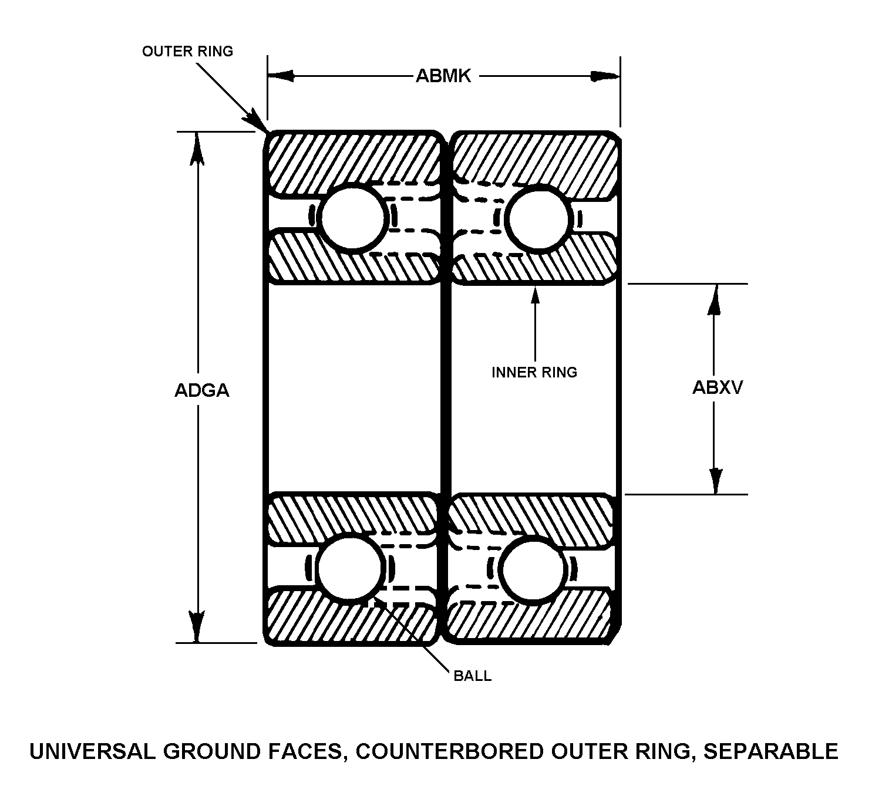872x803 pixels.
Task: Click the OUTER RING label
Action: tap(187, 52)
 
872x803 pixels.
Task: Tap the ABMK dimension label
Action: tap(443, 76)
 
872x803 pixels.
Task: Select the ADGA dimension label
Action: tap(201, 390)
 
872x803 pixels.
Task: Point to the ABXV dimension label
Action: tap(717, 387)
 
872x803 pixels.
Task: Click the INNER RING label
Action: tap(534, 372)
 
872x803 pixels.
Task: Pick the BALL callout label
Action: tap(472, 676)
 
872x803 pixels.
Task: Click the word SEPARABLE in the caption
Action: tap(771, 751)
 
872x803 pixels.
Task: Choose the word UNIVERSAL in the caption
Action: tap(93, 751)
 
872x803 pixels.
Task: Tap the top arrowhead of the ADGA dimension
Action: tap(198, 147)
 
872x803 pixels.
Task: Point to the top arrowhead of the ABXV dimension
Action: tap(714, 299)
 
